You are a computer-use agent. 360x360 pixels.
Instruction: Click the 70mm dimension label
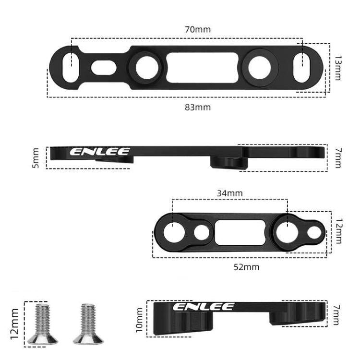pos(198,29)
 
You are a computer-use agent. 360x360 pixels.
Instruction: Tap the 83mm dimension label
pos(198,107)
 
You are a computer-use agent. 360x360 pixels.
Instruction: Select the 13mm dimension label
pos(338,68)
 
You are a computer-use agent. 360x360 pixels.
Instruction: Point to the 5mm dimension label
pos(36,158)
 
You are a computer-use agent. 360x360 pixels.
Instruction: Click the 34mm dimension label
pos(230,193)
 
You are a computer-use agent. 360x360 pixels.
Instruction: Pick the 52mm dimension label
pos(246,267)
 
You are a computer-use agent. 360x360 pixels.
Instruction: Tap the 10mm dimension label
pos(139,320)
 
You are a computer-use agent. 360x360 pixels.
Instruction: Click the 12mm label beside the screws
pos(14,324)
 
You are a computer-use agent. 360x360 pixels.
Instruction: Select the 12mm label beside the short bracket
pos(339,231)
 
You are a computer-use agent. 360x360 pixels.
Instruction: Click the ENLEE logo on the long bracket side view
pos(100,152)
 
